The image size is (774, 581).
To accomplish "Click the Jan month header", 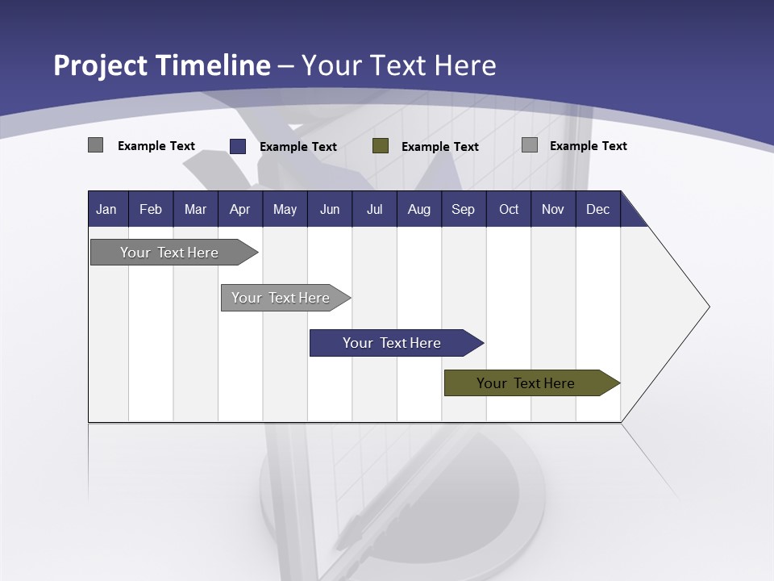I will tap(106, 209).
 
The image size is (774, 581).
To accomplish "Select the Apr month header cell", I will tap(239, 209).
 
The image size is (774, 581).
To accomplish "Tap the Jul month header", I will tap(374, 209).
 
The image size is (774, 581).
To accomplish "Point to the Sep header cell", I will tap(463, 209).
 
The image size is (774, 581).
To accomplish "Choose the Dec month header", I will tap(597, 209).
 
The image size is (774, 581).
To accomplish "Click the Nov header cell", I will tap(552, 209).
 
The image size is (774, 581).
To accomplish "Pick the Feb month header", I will tap(151, 209).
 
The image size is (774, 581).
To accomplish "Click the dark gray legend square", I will tap(95, 145).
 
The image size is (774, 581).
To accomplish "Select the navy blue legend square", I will tap(237, 146).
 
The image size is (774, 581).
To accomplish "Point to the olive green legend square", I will tap(381, 146).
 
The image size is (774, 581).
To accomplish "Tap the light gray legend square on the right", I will tap(529, 145).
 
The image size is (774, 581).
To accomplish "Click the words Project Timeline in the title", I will tap(161, 65).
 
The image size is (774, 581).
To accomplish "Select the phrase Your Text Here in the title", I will tap(399, 65).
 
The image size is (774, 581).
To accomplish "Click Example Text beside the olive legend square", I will tap(439, 147).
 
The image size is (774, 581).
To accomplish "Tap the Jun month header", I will tap(329, 209).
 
